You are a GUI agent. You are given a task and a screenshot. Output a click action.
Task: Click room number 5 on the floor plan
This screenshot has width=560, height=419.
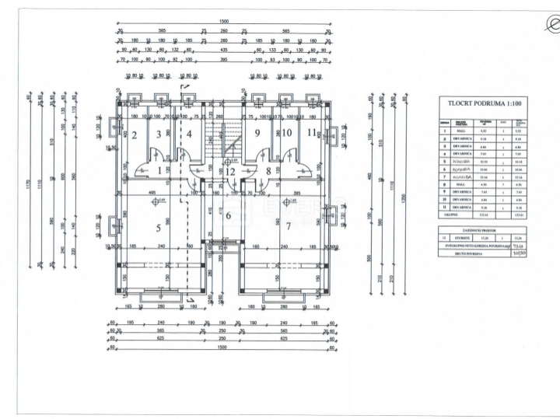click(x=159, y=227)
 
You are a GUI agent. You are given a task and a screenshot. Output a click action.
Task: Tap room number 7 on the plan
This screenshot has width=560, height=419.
click(x=288, y=226)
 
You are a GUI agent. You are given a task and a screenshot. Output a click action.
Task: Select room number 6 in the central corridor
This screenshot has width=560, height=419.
click(x=229, y=215)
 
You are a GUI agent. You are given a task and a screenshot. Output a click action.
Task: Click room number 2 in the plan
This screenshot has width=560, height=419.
click(x=134, y=135)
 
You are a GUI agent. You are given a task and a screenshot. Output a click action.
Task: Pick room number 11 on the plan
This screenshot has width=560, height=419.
click(x=311, y=132)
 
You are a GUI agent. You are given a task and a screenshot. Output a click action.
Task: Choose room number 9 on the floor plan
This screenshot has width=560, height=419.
click(x=256, y=133)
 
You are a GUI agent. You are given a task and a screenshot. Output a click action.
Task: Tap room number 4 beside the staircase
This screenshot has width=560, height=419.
click(x=189, y=134)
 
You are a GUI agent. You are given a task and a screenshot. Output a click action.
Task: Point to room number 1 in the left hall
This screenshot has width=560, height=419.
click(x=159, y=169)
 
